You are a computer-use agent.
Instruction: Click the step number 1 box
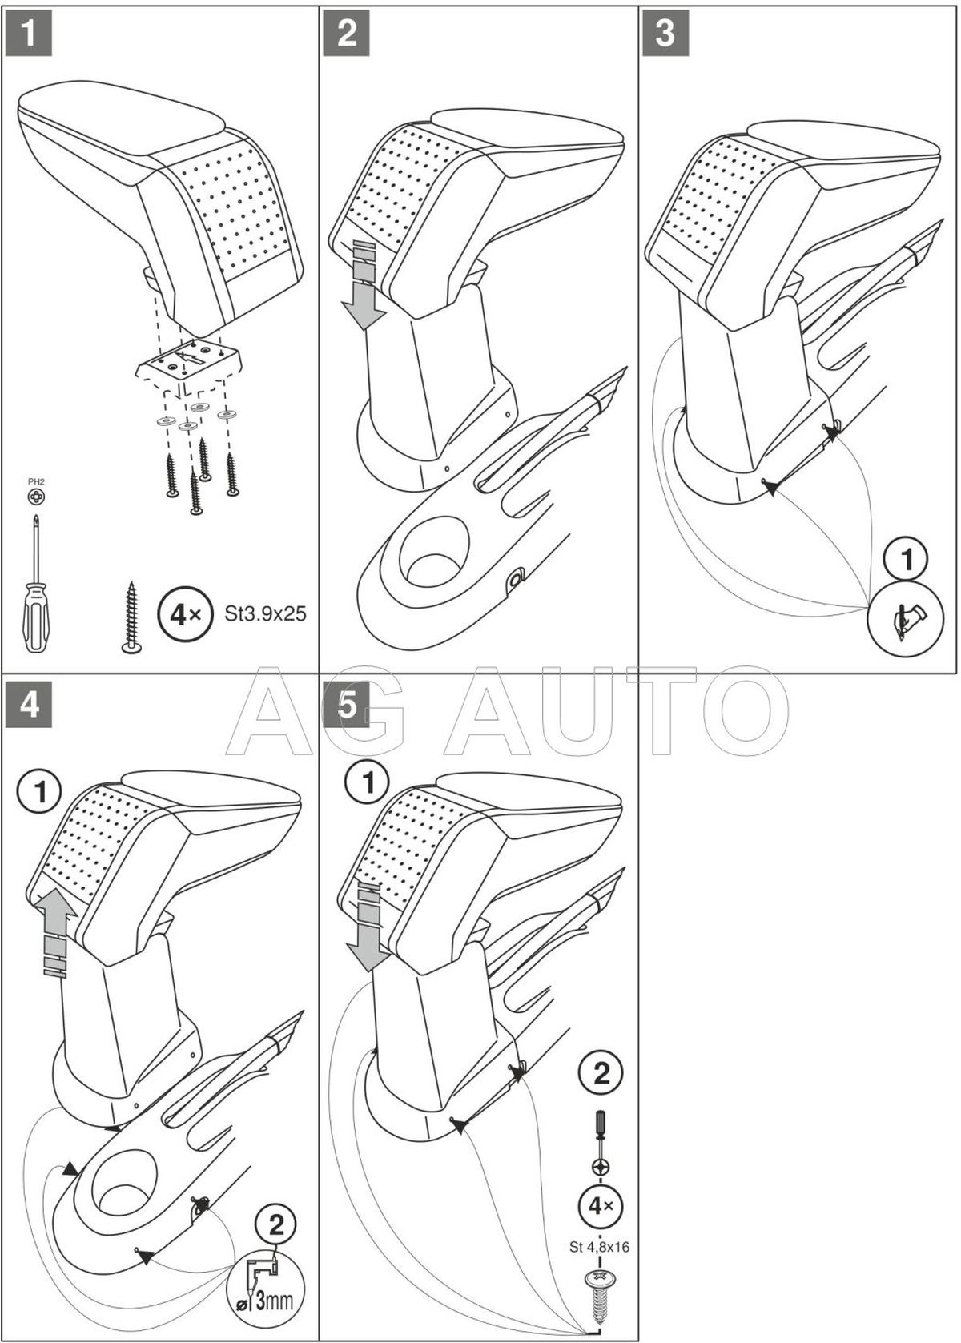(28, 33)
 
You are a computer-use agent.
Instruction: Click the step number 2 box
(347, 33)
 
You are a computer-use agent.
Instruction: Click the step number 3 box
(665, 33)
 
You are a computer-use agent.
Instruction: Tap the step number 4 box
(28, 705)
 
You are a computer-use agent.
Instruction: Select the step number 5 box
(347, 705)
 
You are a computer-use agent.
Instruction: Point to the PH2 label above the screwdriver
(36, 481)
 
